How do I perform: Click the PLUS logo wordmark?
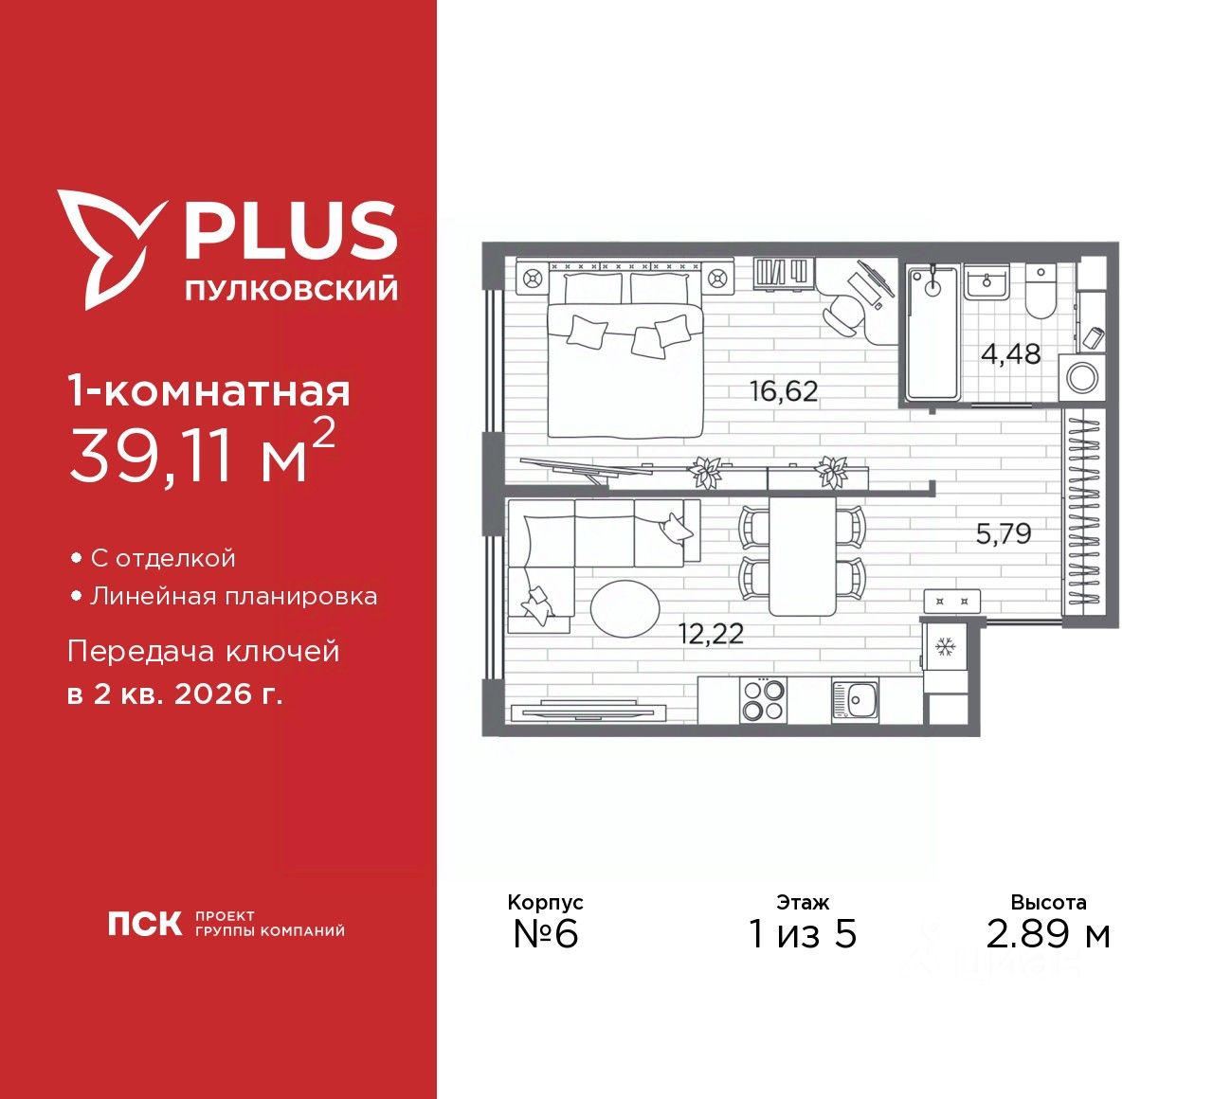(289, 230)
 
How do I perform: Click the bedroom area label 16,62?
(783, 390)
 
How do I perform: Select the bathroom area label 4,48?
(1010, 354)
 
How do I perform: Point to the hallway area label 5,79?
(1004, 534)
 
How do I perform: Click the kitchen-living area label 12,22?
(711, 634)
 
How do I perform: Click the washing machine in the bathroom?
(1081, 377)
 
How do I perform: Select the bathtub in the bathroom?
(933, 332)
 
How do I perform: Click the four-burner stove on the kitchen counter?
(763, 702)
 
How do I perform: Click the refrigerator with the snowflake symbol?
(944, 648)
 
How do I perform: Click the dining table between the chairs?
(802, 556)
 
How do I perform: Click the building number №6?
(545, 934)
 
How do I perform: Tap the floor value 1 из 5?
(802, 934)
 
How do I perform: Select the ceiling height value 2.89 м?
(1047, 934)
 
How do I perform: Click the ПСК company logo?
(144, 924)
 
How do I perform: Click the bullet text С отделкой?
(162, 558)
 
